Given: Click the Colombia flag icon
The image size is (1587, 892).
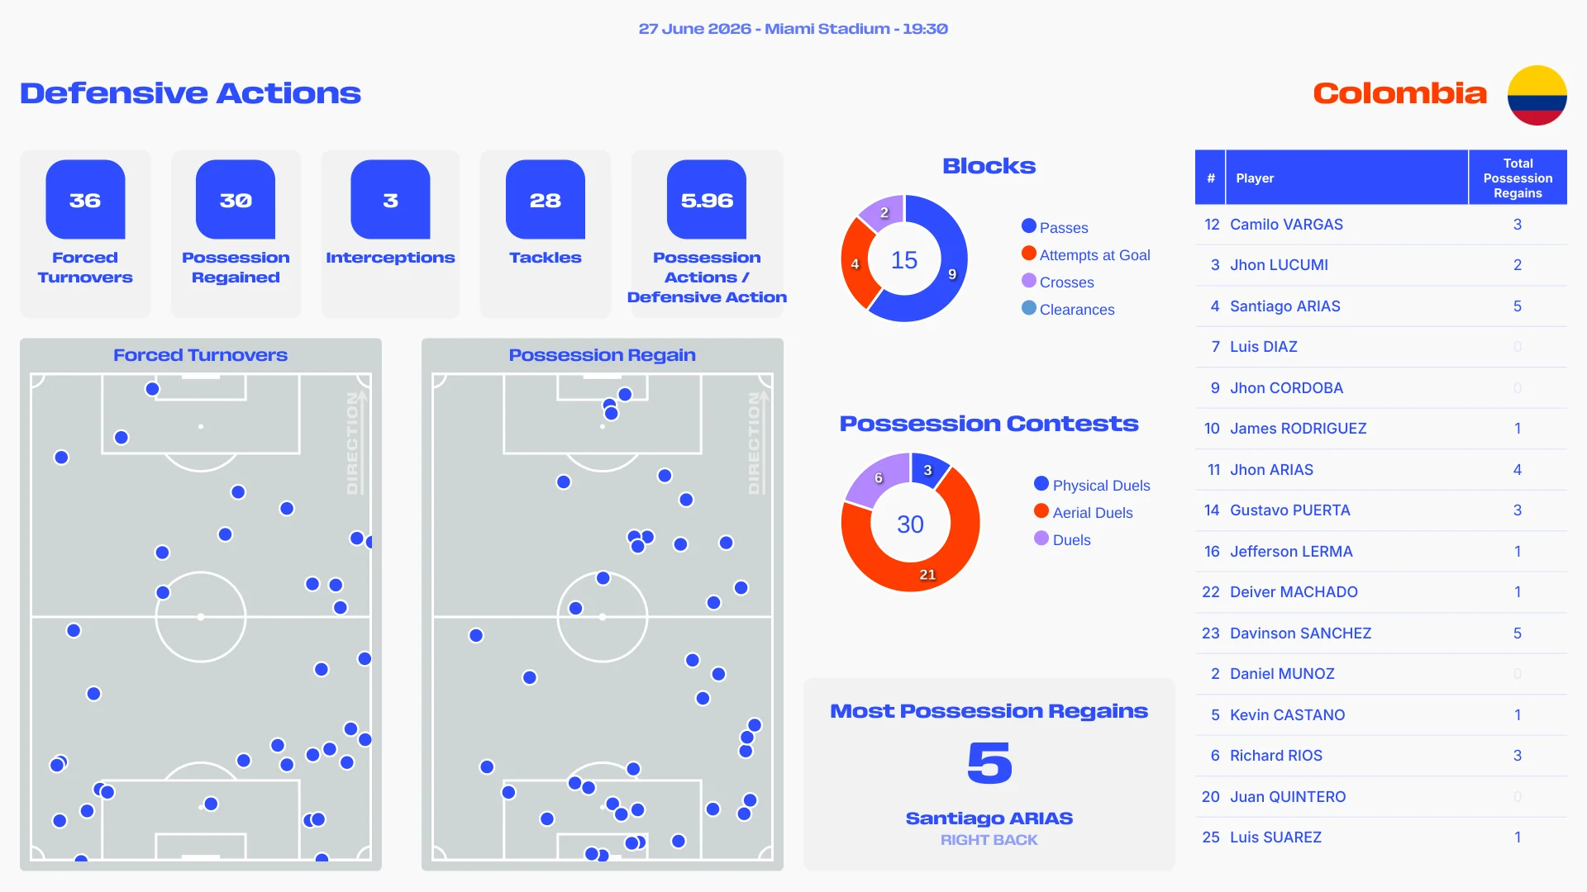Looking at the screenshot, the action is point(1537,95).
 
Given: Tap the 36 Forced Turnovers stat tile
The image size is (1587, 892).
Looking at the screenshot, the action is point(85,234).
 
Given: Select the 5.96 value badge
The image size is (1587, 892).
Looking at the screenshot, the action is point(707,199).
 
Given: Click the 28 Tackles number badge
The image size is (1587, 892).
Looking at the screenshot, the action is point(546,199).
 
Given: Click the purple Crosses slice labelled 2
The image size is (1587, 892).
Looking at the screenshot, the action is point(883,213).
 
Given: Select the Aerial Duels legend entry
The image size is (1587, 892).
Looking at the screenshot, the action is point(1083,512).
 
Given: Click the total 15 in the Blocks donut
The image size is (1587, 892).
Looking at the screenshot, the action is point(904,260).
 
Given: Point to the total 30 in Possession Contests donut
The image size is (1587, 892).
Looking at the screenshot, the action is point(910,524).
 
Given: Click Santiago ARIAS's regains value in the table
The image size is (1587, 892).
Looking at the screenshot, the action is point(1518,306).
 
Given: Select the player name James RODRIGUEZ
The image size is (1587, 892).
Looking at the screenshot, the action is point(1298,429).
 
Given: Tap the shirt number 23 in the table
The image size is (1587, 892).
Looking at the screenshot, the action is point(1211,633).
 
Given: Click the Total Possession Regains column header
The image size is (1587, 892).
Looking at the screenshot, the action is point(1518,178).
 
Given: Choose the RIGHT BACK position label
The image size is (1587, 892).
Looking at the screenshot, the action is point(989,840).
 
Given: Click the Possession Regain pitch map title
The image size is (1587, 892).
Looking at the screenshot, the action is point(602,355).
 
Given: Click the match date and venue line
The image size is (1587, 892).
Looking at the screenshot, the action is point(793,29).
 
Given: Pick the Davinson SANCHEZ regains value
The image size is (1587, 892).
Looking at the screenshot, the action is point(1518,633).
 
